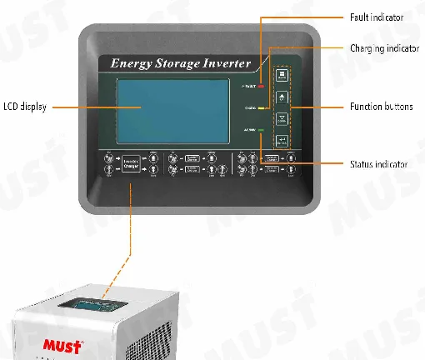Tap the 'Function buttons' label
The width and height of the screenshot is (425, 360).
click(379, 107)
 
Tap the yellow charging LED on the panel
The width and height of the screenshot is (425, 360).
click(261, 108)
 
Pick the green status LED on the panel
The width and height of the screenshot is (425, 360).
click(261, 131)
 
